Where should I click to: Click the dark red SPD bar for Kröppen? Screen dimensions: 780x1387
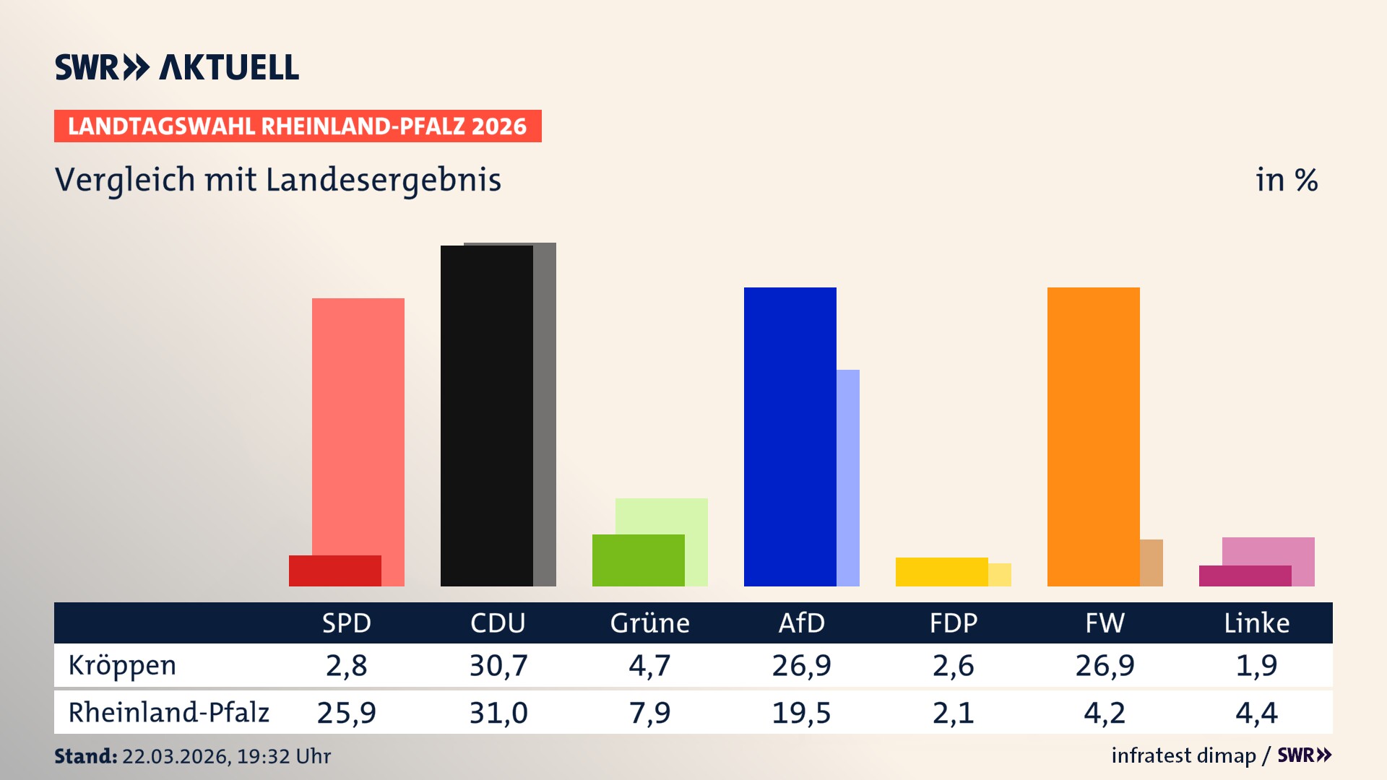coord(334,571)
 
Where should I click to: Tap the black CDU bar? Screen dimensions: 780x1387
coord(486,415)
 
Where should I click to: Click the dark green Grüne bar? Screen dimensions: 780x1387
coord(638,560)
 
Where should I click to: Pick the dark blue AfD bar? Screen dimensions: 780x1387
coord(790,437)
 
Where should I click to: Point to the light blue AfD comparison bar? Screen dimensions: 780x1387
coord(848,477)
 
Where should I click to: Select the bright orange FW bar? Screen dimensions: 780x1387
coord(1093,437)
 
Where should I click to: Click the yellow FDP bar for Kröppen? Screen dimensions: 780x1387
coord(941,572)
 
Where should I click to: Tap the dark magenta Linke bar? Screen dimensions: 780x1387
coord(1245,576)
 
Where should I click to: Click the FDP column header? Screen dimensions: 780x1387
coord(953,623)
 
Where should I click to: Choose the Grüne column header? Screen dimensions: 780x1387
coord(649,623)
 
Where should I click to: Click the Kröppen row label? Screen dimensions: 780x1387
coord(122,665)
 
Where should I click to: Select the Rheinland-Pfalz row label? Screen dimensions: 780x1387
coord(168,713)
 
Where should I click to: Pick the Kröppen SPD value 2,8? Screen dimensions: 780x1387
coord(346,665)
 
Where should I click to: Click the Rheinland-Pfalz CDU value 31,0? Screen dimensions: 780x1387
coord(498,713)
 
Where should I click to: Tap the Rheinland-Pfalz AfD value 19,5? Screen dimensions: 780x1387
coord(801,713)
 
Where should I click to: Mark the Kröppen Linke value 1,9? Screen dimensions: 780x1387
coord(1256,665)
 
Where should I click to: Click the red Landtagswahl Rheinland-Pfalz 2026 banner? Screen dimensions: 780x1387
coord(298,126)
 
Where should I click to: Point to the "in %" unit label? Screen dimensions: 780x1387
coord(1286,180)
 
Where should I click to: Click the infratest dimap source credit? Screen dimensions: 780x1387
coord(1183,755)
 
